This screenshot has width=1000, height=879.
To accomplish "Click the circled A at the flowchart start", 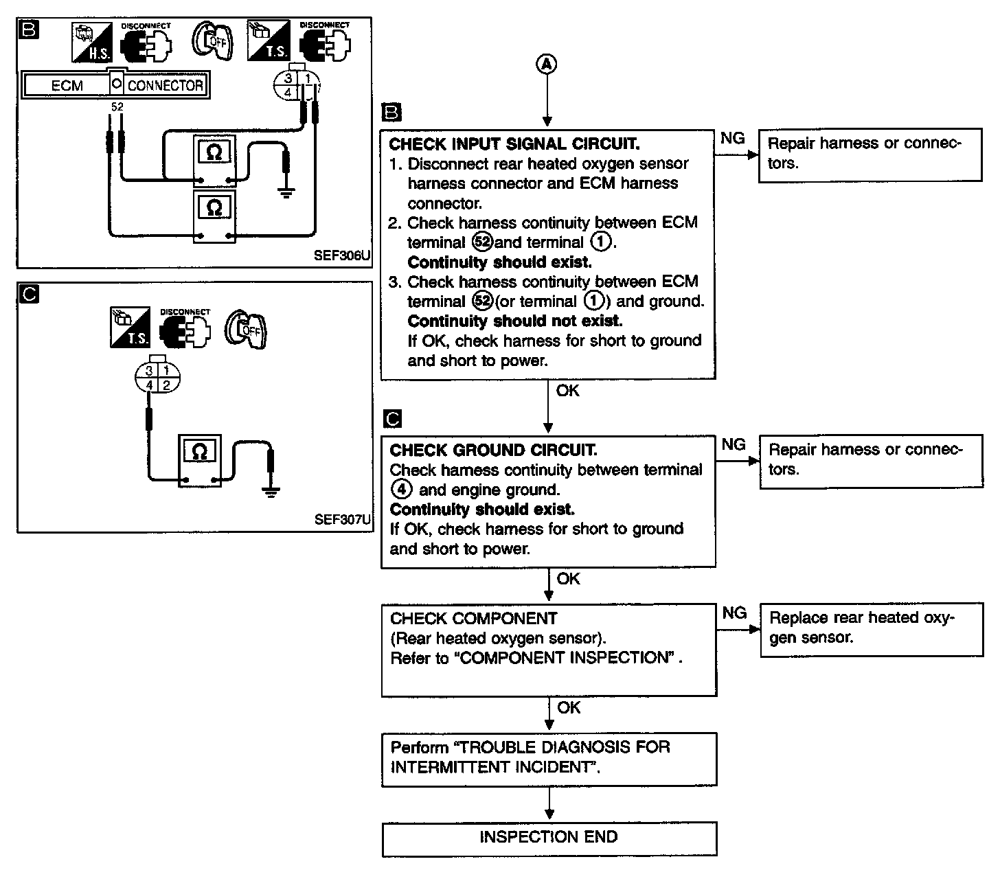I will point(547,64).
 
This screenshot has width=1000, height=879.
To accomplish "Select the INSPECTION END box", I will point(549,838).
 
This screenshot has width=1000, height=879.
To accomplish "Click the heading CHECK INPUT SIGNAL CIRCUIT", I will point(514,144).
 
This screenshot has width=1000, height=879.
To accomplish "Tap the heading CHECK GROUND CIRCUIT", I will point(493,450).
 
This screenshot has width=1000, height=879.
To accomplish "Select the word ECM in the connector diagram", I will point(67,86).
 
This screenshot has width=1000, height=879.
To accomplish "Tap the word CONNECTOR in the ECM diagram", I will point(166,86).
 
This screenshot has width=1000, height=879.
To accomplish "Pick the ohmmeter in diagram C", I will point(199,461).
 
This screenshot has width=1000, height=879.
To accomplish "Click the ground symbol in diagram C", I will point(271,492).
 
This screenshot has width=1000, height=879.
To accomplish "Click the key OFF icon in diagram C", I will point(245,330).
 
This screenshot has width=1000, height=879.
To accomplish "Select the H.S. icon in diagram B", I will point(91,43).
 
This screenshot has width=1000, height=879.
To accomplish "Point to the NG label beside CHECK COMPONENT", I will point(734,613).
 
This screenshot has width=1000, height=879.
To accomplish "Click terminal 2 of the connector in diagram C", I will point(166,385).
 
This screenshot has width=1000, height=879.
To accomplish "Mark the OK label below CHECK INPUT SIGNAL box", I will point(567,391).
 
